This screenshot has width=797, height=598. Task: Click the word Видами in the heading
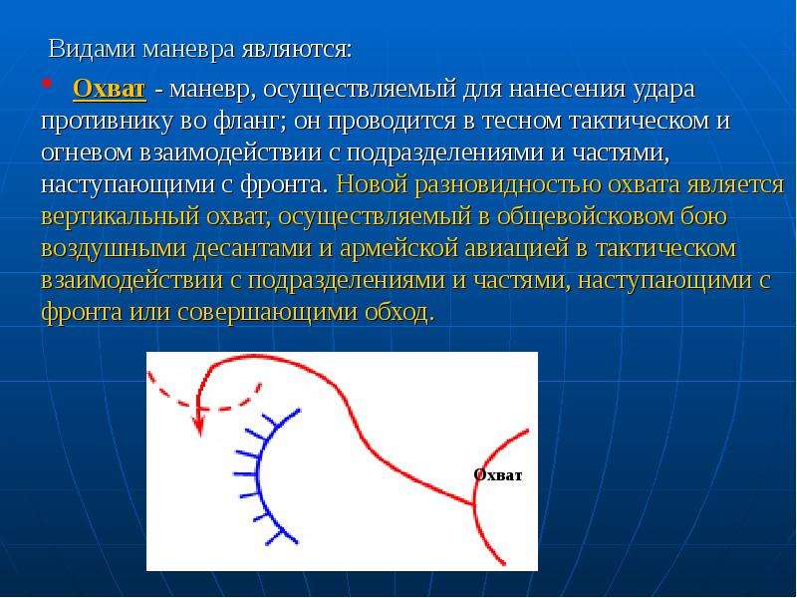(92, 49)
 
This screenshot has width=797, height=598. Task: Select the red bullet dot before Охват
(47, 83)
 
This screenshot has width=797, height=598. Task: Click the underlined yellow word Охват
(110, 89)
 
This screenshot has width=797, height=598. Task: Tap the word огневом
(86, 153)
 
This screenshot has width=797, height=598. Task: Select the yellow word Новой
(372, 184)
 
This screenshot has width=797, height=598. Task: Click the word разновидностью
(508, 185)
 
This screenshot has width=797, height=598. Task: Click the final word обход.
(400, 312)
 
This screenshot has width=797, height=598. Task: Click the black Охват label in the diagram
(497, 475)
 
